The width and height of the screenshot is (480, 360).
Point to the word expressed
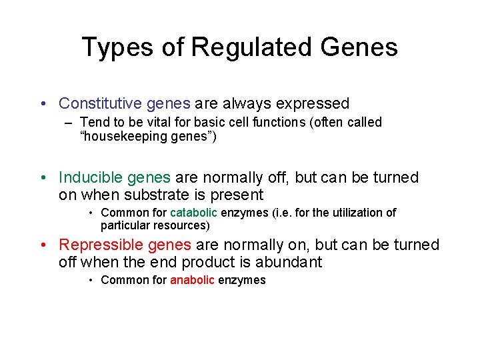312,103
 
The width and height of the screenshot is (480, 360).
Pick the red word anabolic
193,280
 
